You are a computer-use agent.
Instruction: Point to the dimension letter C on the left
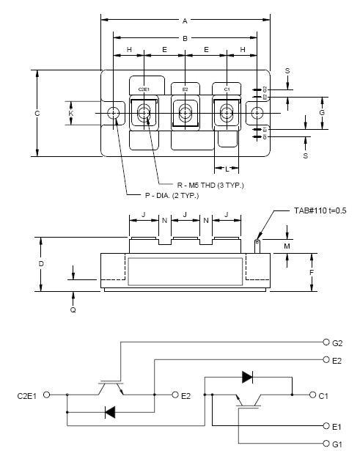pos(37,113)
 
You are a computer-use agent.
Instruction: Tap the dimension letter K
pos(71,114)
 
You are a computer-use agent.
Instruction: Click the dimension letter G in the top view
pos(322,113)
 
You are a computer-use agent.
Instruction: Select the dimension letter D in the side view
pos(41,263)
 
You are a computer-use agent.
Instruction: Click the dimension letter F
pos(312,272)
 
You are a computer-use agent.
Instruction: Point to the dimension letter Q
pos(73,309)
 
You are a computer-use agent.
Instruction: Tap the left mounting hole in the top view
pos(114,114)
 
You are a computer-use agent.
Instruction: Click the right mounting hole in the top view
pos(257,114)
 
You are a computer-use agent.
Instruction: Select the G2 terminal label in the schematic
pos(337,342)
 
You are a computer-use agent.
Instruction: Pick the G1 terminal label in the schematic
pos(337,443)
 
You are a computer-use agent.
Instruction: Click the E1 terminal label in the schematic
pos(337,425)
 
